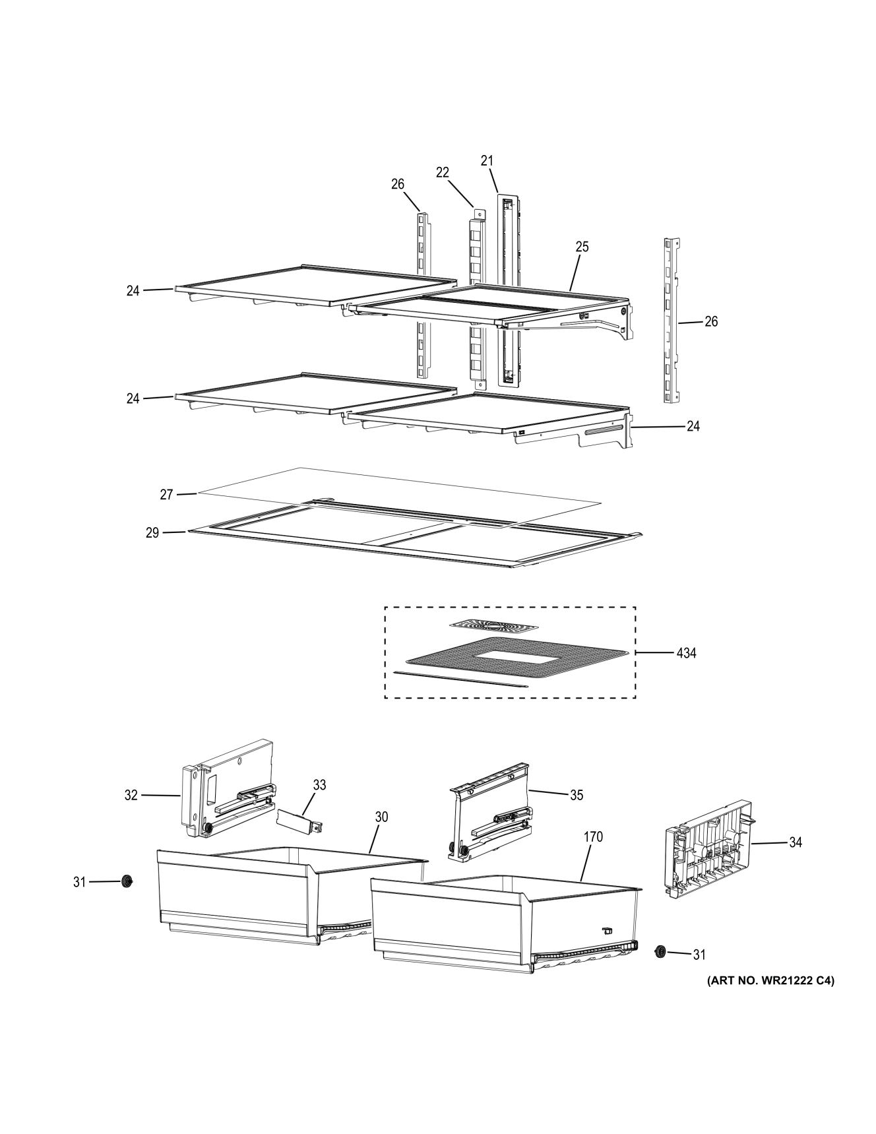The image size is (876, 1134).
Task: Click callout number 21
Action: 487,160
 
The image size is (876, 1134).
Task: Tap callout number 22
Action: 442,172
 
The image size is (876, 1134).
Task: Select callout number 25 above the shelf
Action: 582,247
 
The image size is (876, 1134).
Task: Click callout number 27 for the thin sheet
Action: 166,494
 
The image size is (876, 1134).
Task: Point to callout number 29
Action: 152,532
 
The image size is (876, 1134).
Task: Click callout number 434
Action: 686,653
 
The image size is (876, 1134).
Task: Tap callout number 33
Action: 319,785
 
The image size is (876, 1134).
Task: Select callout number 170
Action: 593,837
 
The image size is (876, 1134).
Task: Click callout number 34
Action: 796,842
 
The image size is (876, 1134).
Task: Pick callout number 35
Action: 577,796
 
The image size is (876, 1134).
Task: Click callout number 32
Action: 131,796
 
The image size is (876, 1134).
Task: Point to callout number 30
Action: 381,817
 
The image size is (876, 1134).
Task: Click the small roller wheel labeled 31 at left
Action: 126,881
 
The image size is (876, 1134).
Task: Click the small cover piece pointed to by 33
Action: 297,819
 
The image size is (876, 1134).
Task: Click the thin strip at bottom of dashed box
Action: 461,679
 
